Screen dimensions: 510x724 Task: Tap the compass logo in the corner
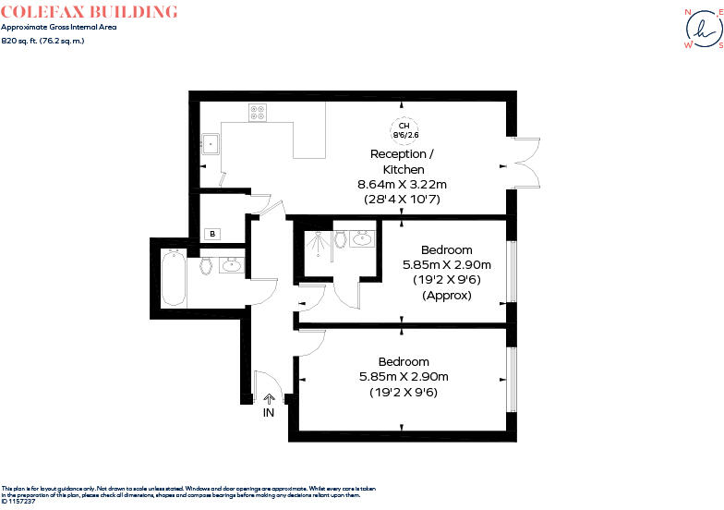click(701, 30)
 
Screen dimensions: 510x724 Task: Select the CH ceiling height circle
click(404, 130)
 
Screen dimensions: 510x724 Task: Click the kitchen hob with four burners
click(258, 113)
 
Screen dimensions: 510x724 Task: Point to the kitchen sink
click(211, 143)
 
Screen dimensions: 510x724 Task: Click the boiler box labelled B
click(213, 235)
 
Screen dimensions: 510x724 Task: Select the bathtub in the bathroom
click(174, 277)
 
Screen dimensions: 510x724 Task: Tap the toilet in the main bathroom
click(207, 267)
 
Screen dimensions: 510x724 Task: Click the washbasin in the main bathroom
click(231, 267)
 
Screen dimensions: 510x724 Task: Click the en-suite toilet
click(342, 240)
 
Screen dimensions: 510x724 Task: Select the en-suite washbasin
click(362, 238)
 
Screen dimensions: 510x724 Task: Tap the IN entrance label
click(269, 413)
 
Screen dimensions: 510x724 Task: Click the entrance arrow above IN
click(269, 399)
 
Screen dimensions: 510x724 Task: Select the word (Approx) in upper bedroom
click(446, 296)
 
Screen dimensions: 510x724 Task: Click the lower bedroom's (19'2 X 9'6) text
click(404, 392)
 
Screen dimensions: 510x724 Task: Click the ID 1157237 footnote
click(18, 501)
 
